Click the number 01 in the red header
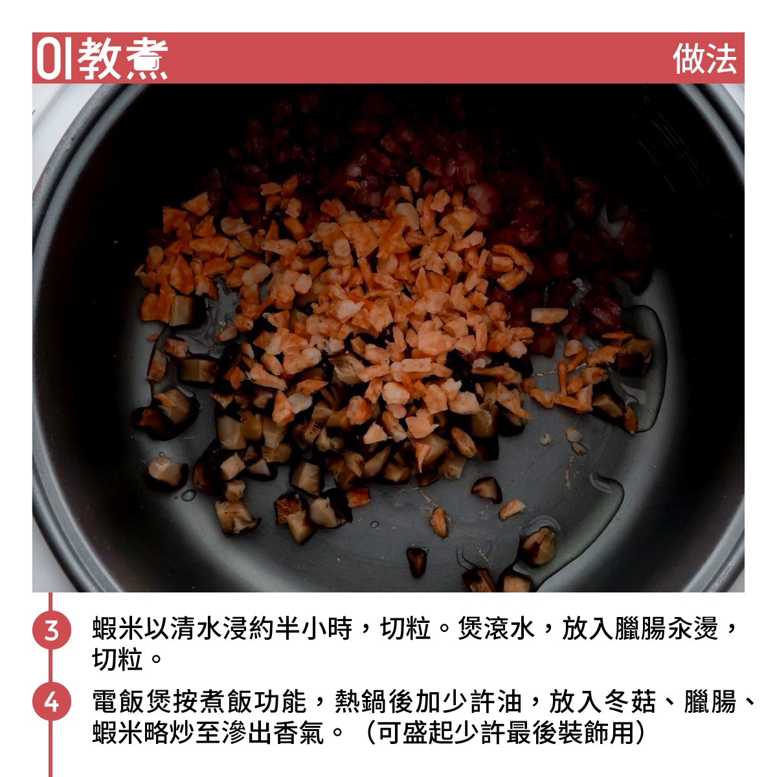[x=54, y=59]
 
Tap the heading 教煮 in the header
[x=122, y=59]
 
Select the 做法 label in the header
[x=704, y=59]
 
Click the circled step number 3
[x=52, y=630]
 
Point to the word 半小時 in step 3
[x=313, y=629]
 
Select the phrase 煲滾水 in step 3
[x=497, y=629]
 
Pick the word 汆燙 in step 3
[x=693, y=629]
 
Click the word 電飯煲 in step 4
[x=131, y=701]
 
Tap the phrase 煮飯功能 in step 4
[x=249, y=701]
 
